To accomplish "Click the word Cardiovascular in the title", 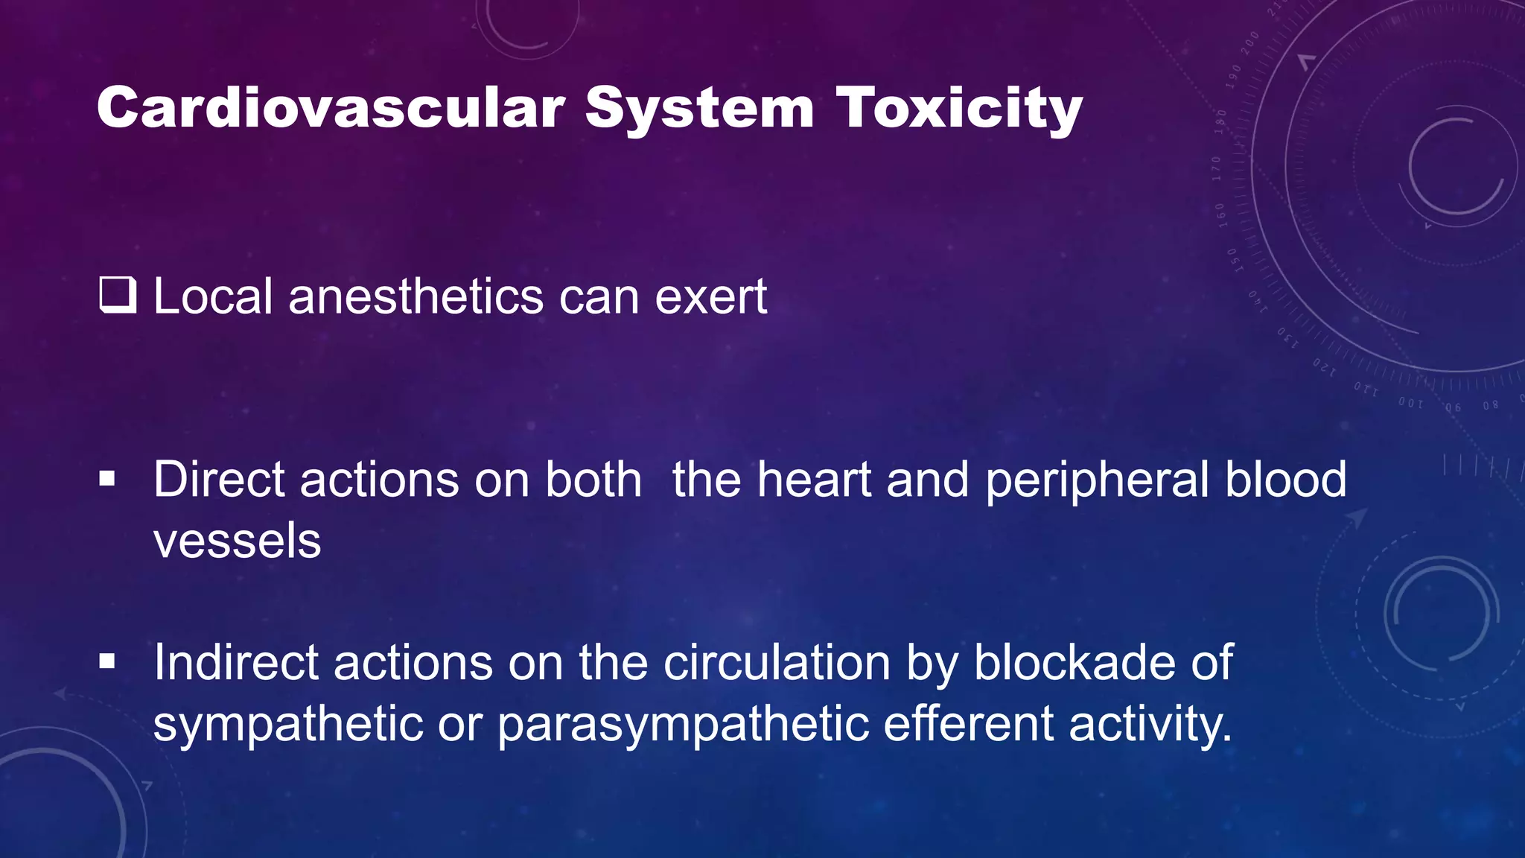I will [331, 109].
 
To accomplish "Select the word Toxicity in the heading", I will [958, 109].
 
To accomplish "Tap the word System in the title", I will [699, 109].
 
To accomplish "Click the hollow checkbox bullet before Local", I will [118, 295].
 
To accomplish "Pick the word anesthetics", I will [416, 296].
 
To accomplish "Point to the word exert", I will [710, 298].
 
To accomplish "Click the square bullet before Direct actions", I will [107, 479].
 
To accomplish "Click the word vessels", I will [237, 541].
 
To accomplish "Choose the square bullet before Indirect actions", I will [107, 661].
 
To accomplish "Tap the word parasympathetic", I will [682, 725].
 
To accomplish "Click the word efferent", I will [968, 723].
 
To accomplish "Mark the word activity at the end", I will [1150, 725].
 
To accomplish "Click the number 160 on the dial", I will [1220, 214].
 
